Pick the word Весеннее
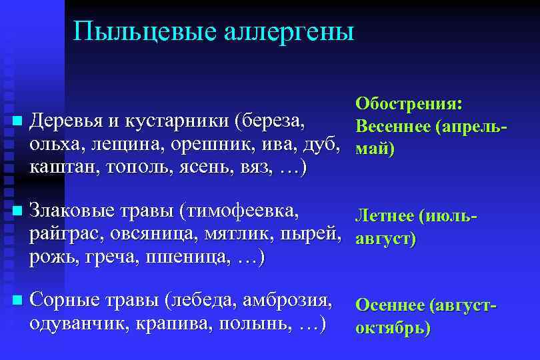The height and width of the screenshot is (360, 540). click(x=392, y=126)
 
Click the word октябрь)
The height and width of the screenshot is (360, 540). click(x=393, y=328)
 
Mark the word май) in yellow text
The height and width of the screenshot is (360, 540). click(x=375, y=148)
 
